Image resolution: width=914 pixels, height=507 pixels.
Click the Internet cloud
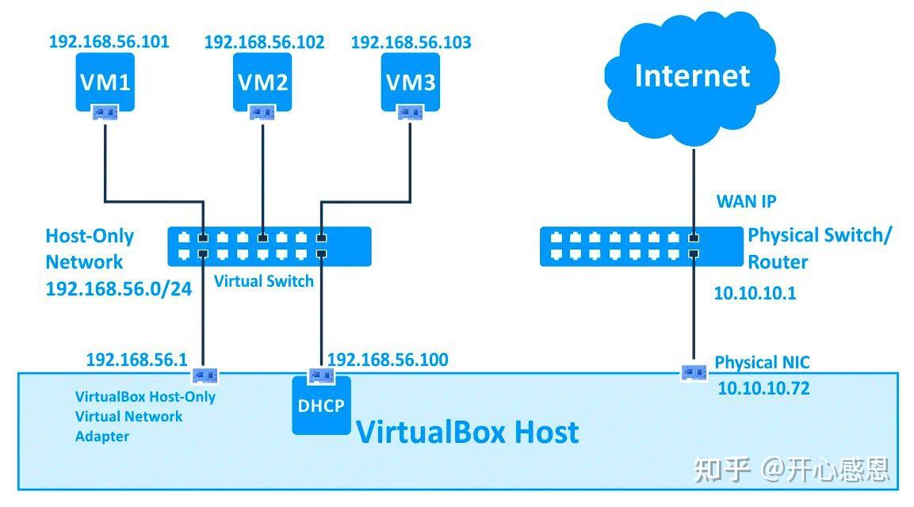click(x=691, y=76)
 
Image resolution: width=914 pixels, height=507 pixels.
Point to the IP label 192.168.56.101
click(x=109, y=42)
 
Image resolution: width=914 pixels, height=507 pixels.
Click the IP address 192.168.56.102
click(x=264, y=43)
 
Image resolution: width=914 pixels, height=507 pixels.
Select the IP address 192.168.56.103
click(x=411, y=43)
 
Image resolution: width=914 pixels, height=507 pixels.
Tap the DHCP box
click(x=321, y=406)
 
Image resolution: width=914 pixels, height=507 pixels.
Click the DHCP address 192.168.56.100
click(x=388, y=360)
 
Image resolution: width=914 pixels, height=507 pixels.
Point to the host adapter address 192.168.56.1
click(x=136, y=360)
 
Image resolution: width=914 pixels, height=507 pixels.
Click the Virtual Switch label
click(x=264, y=281)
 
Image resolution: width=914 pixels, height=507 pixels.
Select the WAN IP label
click(x=746, y=201)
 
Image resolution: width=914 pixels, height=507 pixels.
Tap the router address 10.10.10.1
click(x=755, y=293)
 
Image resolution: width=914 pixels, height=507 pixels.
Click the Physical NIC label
click(x=762, y=363)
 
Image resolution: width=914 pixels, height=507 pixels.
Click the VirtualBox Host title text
click(x=467, y=433)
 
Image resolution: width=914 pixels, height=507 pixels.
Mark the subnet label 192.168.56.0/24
click(x=119, y=288)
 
